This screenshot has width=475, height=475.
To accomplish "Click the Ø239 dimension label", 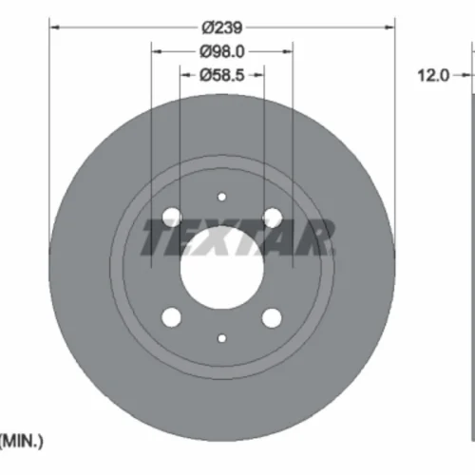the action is click(x=222, y=28).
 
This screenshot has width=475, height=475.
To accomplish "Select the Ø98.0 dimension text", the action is click(x=222, y=51).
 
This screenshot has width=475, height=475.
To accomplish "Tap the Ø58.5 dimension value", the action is click(x=222, y=75).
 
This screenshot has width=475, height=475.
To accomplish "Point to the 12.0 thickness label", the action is click(x=433, y=76).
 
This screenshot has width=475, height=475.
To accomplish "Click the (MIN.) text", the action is click(x=22, y=441).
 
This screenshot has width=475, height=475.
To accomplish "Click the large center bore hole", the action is click(x=222, y=268).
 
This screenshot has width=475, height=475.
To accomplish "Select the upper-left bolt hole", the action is click(x=172, y=218).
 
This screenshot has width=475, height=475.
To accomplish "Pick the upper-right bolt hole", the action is click(x=273, y=218).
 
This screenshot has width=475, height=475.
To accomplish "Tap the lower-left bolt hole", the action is click(x=171, y=317).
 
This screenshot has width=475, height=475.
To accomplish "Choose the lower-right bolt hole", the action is click(x=272, y=317).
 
